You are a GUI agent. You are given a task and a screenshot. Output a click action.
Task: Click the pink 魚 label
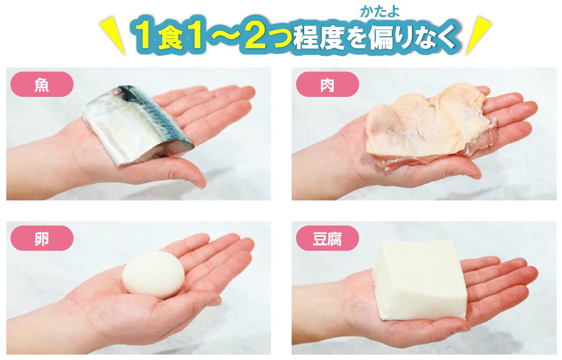(x=42, y=85)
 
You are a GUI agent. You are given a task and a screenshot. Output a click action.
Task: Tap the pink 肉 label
(x=327, y=85)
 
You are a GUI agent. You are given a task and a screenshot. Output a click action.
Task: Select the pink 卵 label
(x=42, y=238)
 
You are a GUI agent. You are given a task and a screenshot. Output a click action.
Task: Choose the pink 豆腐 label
(x=327, y=238)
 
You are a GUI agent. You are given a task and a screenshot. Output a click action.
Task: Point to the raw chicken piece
(x=430, y=123)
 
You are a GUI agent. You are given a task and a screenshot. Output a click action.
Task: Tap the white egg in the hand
(x=154, y=274)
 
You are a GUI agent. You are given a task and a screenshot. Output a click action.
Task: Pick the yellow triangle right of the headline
(x=478, y=36)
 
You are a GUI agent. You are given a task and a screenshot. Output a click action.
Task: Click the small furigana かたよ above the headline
(x=380, y=12)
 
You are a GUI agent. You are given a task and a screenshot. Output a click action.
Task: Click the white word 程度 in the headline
(x=319, y=38)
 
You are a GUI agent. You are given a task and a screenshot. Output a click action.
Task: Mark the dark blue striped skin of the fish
(x=158, y=115)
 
